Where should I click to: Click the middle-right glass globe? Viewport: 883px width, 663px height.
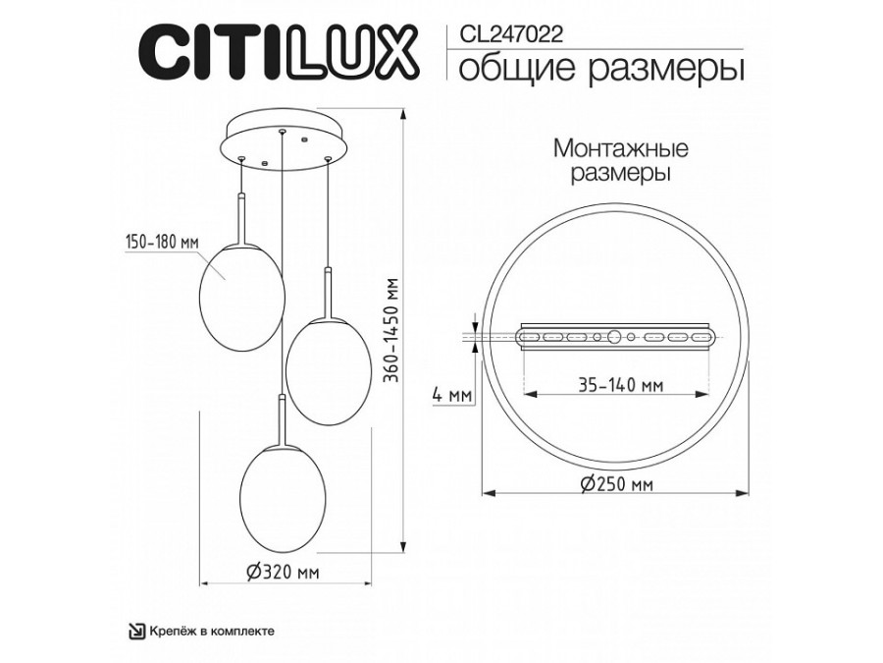point(325,371)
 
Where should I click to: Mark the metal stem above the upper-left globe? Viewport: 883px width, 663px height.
point(241,216)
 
